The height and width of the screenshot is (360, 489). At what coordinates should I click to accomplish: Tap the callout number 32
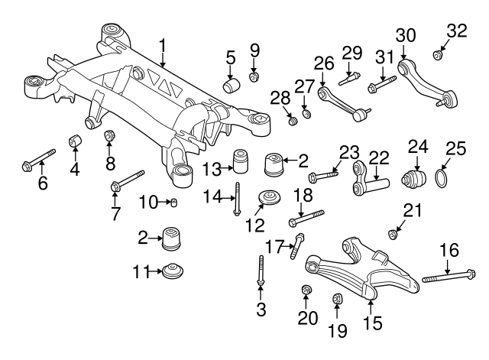(x=456, y=31)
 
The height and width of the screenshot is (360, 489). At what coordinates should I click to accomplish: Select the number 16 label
(x=450, y=248)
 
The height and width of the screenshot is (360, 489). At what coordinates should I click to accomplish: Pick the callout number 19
(x=336, y=330)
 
